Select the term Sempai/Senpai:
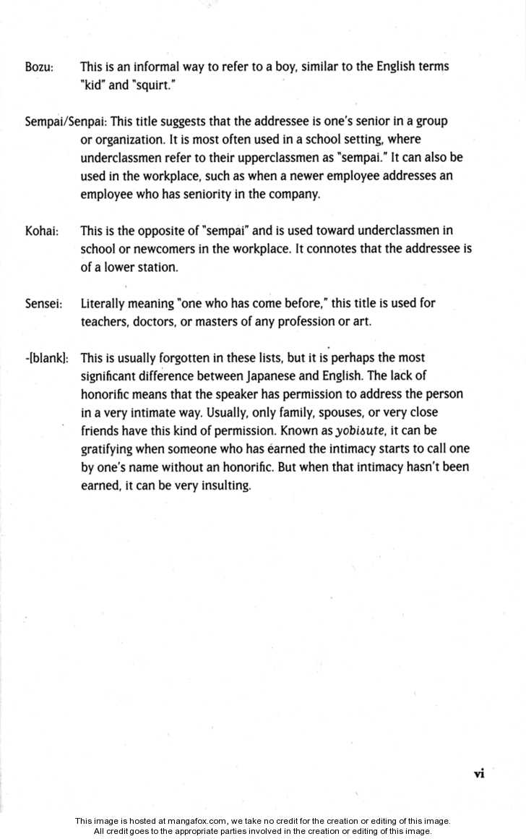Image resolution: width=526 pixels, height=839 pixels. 66,121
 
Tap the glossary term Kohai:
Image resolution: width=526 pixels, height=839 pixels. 41,231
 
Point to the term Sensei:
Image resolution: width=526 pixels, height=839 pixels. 43,304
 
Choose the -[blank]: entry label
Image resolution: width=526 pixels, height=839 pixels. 47,358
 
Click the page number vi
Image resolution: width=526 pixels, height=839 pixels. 478,774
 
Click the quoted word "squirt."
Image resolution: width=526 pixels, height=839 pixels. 153,85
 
